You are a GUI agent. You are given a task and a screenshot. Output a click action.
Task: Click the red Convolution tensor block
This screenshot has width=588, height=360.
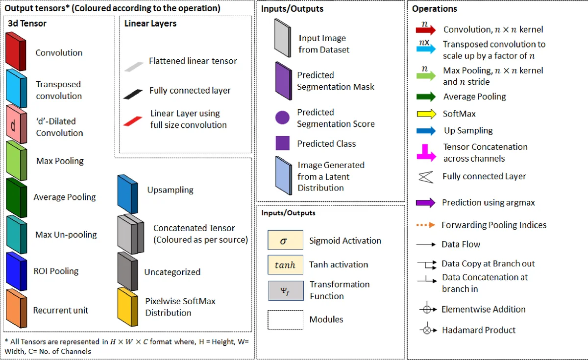15,51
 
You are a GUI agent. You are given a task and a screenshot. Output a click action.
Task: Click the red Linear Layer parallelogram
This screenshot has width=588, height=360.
133,120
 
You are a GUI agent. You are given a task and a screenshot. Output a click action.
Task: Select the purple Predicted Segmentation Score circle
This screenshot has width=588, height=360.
282,118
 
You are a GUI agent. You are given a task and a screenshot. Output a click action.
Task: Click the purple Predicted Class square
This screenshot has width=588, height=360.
282,144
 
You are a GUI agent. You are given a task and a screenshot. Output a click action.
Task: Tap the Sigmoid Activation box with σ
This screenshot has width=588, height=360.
285,240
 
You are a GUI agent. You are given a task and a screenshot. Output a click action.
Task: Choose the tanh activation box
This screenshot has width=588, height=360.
285,264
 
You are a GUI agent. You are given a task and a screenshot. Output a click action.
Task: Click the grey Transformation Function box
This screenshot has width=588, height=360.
285,290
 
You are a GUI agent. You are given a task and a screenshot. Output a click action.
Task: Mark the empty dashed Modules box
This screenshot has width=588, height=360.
285,319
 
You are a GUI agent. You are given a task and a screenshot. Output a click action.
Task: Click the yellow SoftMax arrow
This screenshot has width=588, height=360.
425,114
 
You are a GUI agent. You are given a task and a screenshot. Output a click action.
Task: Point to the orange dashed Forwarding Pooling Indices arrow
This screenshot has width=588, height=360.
425,225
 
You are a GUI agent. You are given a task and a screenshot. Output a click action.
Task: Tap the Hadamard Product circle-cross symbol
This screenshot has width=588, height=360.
426,330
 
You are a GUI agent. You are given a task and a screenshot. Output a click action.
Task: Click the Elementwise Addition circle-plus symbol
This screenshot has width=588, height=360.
426,310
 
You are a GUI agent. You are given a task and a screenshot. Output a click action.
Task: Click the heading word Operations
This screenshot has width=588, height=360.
434,9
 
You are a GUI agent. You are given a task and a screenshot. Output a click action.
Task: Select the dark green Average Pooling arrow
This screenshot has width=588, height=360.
425,96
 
